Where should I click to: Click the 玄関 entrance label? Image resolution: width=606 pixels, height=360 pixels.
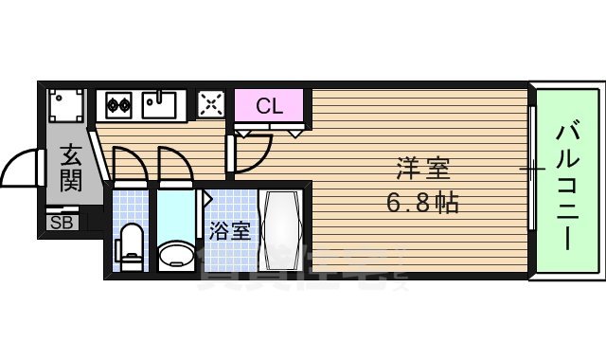coord(70,167)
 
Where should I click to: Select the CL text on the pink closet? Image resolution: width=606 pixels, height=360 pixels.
coord(270,105)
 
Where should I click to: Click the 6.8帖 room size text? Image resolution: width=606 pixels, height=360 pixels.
coord(422,202)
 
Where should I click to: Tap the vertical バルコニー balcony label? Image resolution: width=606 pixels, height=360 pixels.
coord(565,184)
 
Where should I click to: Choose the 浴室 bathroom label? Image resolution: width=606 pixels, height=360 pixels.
coord(230,230)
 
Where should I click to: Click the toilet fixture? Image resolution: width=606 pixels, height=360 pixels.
coord(129,247)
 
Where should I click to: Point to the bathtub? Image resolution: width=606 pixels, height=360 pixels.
coord(282,231)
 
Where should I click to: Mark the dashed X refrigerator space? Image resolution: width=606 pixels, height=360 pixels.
coord(210,104)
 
